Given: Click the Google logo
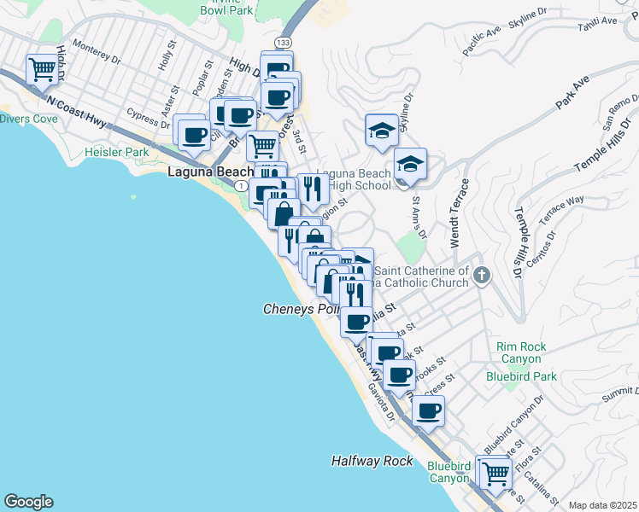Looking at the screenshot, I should pos(28,502).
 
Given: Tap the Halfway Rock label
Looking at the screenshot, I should pos(372,461).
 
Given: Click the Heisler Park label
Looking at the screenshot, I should pos(117,152).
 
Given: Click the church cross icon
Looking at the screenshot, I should pos(482,275).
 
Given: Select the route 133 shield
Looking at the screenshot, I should pos(282,42).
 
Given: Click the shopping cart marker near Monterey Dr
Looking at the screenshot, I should pos(41,69).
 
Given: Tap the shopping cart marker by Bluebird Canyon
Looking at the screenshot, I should pos(495,471).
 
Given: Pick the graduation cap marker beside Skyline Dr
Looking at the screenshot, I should pos(381,129).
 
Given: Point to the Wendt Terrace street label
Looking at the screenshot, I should pos(460,213).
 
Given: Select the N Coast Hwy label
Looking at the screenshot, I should pos(77,113).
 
